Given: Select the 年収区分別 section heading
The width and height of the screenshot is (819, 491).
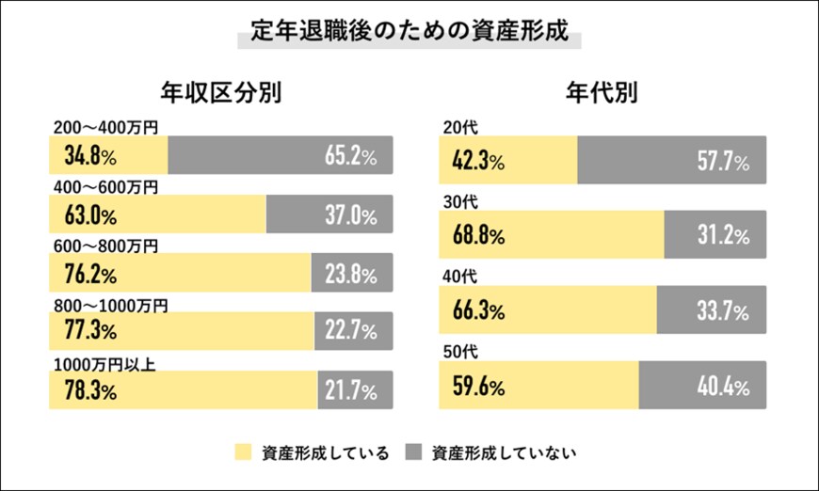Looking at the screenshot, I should click(220, 92).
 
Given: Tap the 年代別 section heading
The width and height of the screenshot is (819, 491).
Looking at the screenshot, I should click(603, 92).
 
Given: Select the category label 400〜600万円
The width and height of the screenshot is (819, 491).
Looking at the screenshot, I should click(105, 187).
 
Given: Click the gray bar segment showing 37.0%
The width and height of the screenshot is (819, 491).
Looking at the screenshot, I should click(329, 215).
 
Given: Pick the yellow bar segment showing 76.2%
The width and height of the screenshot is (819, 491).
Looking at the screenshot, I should click(179, 275).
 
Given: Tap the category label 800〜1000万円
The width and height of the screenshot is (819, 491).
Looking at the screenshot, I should click(110, 305).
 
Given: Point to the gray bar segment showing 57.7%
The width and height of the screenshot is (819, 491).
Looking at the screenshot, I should click(671, 161).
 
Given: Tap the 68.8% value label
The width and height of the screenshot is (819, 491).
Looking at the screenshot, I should click(477, 235).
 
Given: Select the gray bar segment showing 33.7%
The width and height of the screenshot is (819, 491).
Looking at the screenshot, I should click(711, 309).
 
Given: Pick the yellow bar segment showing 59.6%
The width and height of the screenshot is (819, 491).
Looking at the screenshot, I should click(538, 385).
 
